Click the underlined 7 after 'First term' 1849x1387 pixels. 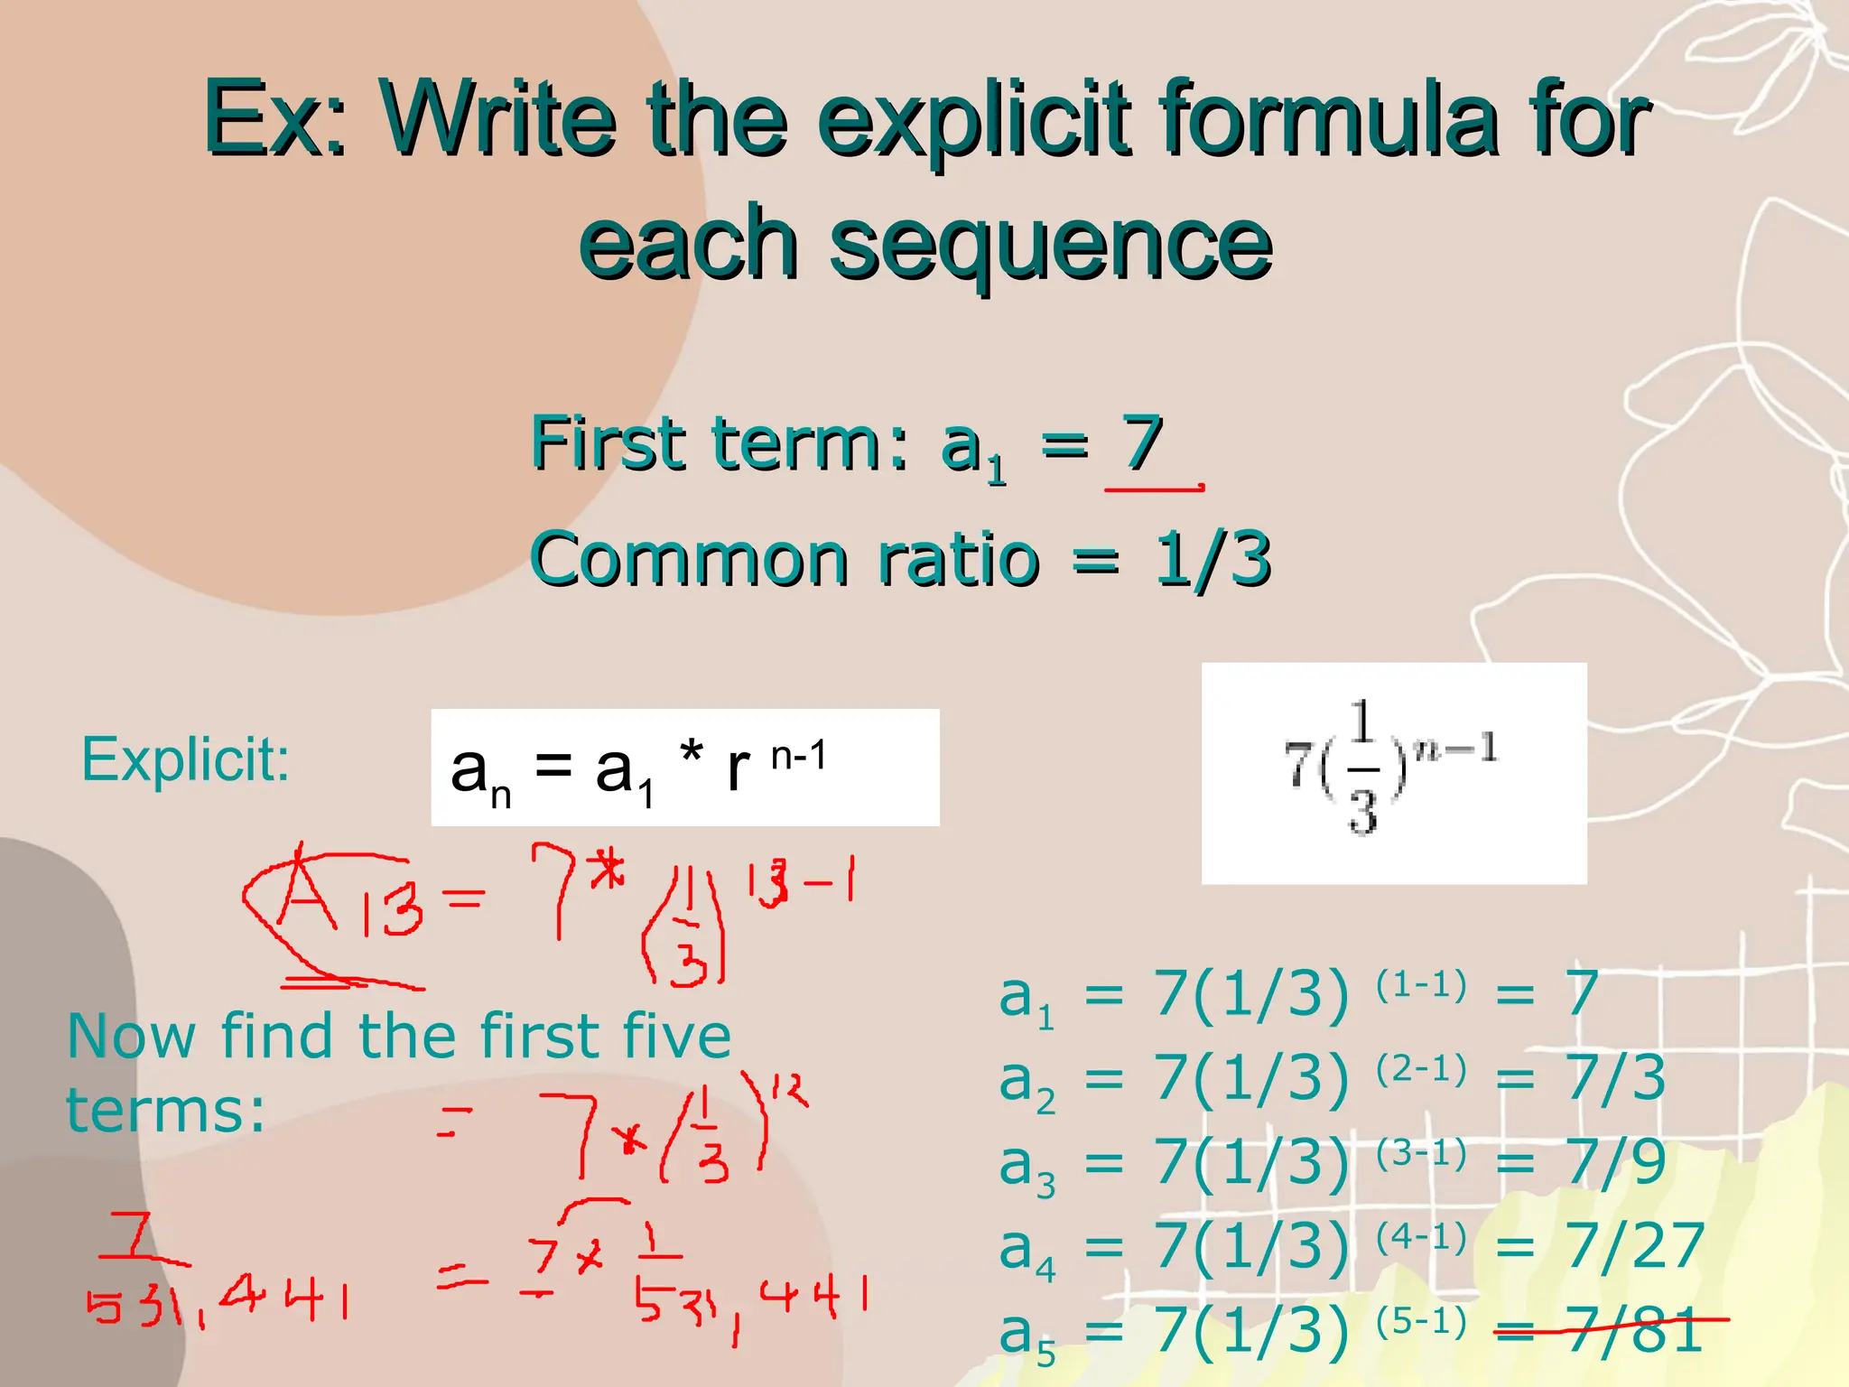click(x=1142, y=444)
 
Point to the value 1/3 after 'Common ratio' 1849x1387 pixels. click(x=1213, y=560)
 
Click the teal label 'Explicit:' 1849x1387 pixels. click(x=185, y=759)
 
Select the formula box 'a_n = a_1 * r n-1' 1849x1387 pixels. click(x=684, y=768)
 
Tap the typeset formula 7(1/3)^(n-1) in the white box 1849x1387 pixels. click(x=1391, y=768)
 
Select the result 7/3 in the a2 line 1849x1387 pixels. click(x=1616, y=1078)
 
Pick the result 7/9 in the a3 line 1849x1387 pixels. click(x=1616, y=1162)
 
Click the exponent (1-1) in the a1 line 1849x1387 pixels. click(x=1421, y=985)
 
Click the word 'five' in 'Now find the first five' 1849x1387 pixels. click(x=676, y=1036)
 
